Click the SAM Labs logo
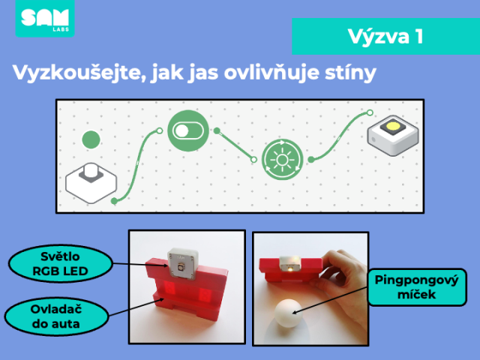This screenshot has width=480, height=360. click(x=45, y=18)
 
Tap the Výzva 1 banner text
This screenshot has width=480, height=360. click(x=385, y=37)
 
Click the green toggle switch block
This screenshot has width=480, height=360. click(x=188, y=130)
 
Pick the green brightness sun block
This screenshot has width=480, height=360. click(x=282, y=160)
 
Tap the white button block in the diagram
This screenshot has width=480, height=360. click(x=91, y=182)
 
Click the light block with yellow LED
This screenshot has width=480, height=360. click(x=393, y=135)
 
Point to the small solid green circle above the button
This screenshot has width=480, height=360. click(x=91, y=139)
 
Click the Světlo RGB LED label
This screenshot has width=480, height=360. click(x=60, y=263)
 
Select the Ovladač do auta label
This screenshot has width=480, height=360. click(x=56, y=316)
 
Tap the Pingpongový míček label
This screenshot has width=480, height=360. click(x=417, y=287)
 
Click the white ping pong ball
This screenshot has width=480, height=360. click(x=288, y=313)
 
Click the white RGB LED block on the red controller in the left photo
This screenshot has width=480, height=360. click(x=183, y=263)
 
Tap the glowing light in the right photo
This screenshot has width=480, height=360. click(x=289, y=268)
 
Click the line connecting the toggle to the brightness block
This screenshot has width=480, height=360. click(x=235, y=145)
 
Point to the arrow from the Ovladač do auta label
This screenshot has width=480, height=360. click(x=136, y=307)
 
